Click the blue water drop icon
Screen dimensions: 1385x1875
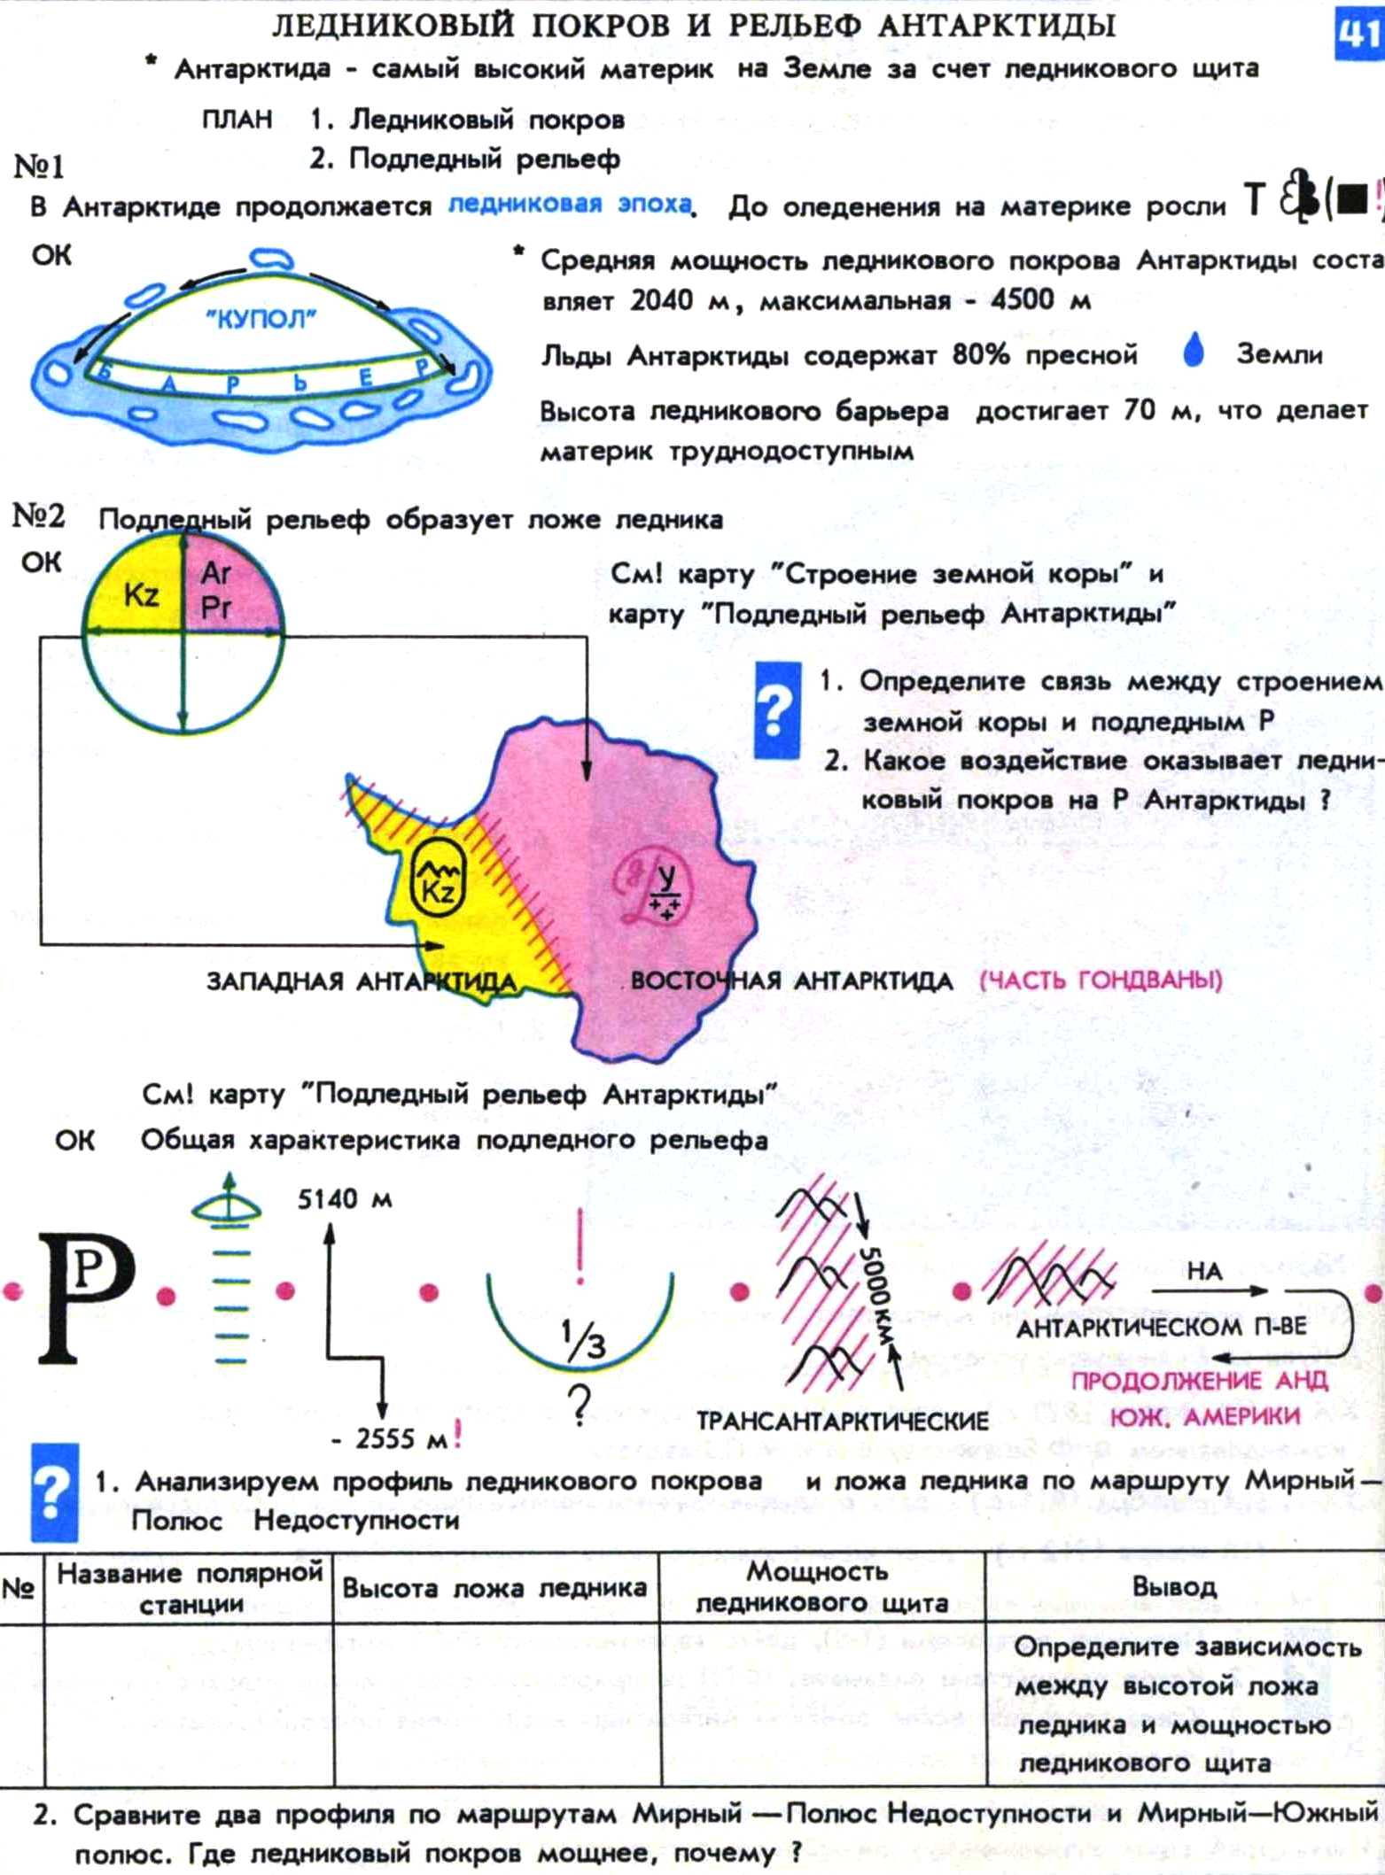coord(1194,351)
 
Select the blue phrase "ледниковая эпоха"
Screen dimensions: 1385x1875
coord(569,205)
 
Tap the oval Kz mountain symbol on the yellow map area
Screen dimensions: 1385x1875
coord(438,879)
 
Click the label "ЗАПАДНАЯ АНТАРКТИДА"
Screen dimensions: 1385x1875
coord(361,981)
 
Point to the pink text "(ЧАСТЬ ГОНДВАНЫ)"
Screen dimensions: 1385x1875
coord(1101,980)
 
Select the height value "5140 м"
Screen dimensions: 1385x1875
coord(345,1199)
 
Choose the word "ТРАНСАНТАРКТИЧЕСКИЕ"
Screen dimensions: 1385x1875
coord(842,1422)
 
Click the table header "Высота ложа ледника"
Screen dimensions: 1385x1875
coord(494,1588)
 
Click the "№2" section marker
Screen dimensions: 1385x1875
coord(38,516)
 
